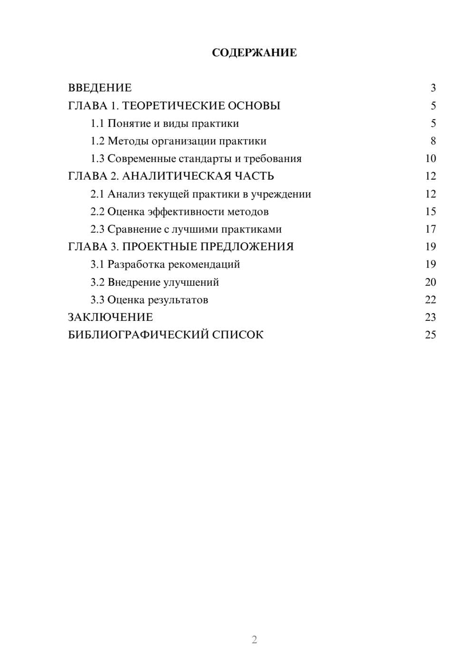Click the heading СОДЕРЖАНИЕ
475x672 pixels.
click(x=254, y=53)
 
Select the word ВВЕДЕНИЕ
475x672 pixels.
click(x=100, y=88)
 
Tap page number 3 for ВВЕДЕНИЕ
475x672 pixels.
click(x=433, y=88)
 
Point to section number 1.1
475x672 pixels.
click(x=97, y=124)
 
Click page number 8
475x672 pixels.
click(x=433, y=141)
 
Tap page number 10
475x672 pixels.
click(x=430, y=159)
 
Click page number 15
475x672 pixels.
click(x=430, y=211)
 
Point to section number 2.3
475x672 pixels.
click(x=97, y=229)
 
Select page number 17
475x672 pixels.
click(x=430, y=229)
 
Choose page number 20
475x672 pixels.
click(x=430, y=282)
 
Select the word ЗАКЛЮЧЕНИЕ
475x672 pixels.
click(x=110, y=317)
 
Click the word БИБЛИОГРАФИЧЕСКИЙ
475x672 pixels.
click(x=138, y=335)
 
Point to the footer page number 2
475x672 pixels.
click(x=254, y=640)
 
